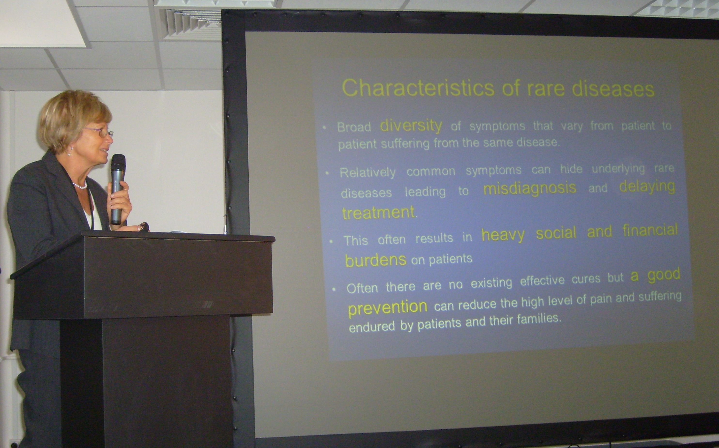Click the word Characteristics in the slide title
coord(418,88)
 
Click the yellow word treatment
coord(379,212)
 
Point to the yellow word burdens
coord(376,260)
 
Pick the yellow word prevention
coord(388,308)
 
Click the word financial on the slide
coord(650,231)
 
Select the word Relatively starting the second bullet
coord(368,172)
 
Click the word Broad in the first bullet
coord(354,127)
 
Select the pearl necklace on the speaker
coord(80,186)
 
